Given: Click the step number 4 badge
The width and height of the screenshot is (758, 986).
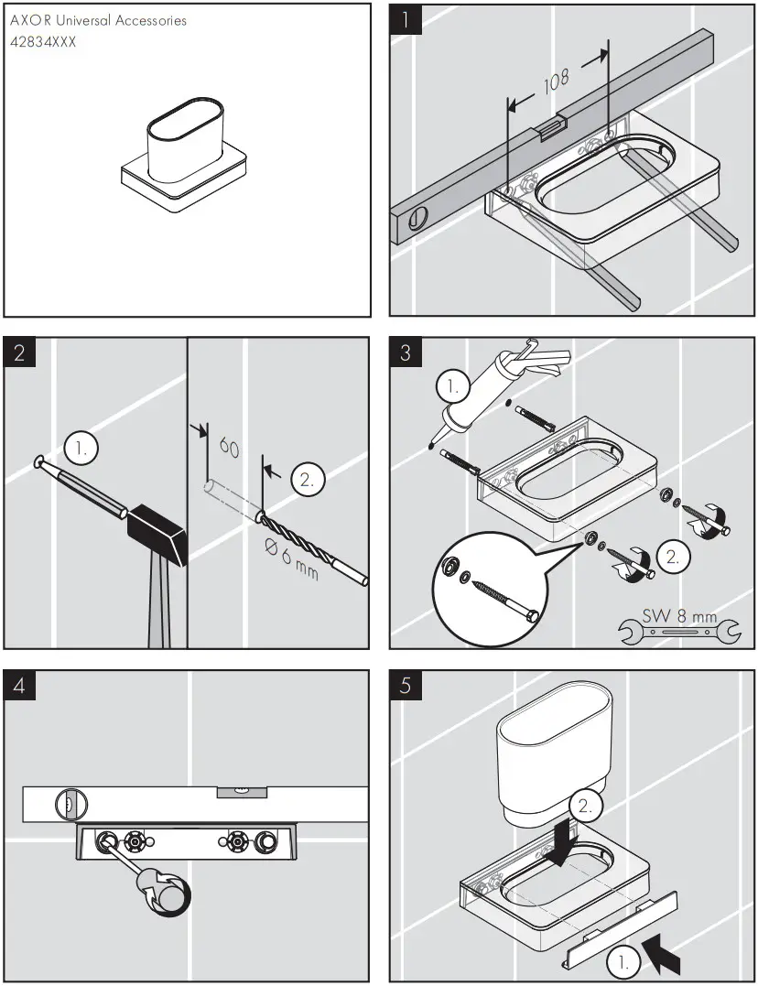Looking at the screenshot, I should tap(19, 686).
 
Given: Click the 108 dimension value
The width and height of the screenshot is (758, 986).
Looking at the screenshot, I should tap(557, 83).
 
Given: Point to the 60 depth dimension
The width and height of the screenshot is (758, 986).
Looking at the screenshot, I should tap(230, 450).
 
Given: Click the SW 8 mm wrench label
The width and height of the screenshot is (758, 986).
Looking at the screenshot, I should tap(678, 616).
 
